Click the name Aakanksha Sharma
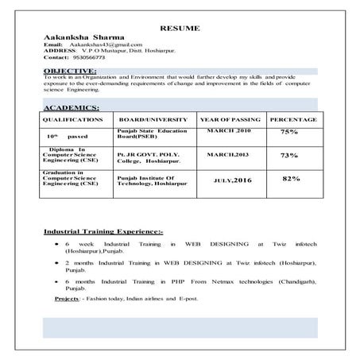tap(79, 38)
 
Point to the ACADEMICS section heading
tap(72, 106)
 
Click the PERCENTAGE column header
tap(292, 119)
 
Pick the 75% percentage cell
tap(289, 132)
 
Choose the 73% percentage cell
tap(289, 155)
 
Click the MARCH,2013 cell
tap(228, 154)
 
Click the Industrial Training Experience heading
tap(103, 231)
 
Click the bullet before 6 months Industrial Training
tap(55, 281)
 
